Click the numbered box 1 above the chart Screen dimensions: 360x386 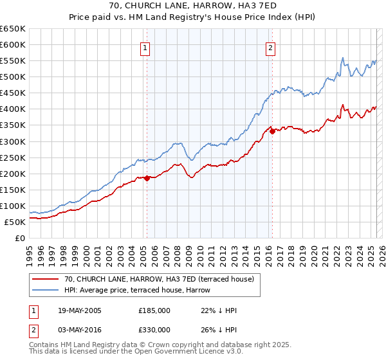click(x=145, y=48)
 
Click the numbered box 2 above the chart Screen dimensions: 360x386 click(x=271, y=48)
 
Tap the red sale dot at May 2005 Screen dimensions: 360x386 click(x=147, y=178)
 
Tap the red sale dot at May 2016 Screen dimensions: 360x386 click(x=272, y=131)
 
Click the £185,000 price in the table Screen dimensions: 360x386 click(x=154, y=310)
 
